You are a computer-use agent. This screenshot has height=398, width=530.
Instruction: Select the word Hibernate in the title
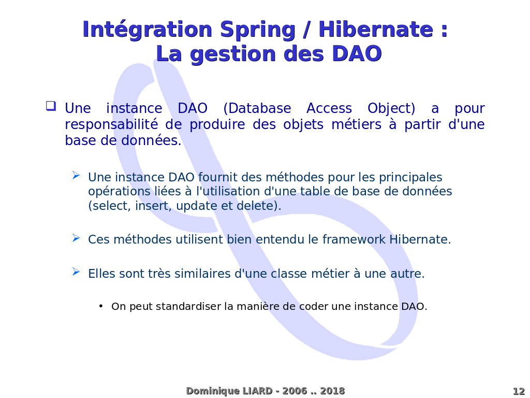[x=376, y=29]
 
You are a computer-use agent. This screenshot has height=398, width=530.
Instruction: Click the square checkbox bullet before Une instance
[x=51, y=106]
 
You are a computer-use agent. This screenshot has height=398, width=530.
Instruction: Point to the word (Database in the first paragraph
[x=257, y=108]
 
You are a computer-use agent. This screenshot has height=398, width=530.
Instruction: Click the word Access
[x=329, y=108]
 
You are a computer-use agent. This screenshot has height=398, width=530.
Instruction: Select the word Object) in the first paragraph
[x=391, y=109]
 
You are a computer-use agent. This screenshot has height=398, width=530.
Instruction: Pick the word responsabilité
[x=111, y=124]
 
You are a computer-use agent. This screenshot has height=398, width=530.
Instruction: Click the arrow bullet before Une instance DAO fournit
[x=76, y=175]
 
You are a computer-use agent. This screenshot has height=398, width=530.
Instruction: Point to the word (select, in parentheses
[x=110, y=206]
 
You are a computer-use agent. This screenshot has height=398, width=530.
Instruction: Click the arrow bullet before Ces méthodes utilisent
[x=76, y=238]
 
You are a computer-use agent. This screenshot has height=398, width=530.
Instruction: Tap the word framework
[x=354, y=239]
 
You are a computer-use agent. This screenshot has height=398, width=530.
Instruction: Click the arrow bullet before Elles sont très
[x=76, y=272]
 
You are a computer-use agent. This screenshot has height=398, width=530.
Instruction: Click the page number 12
[x=519, y=391]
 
